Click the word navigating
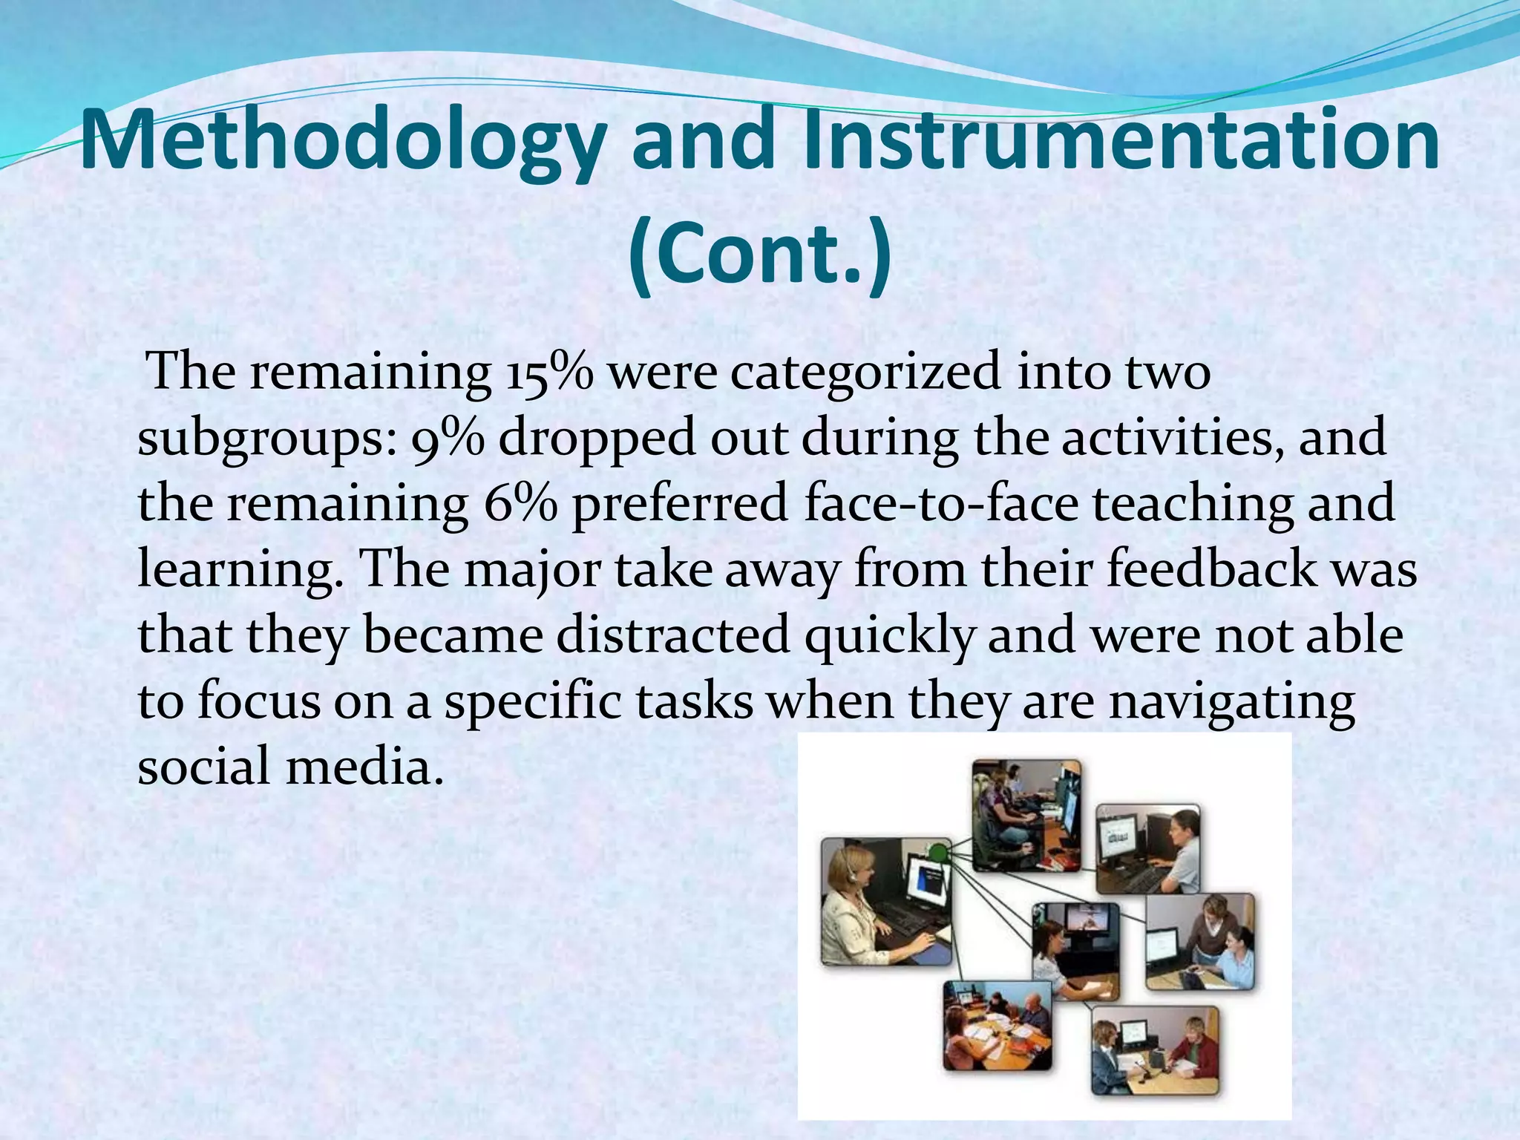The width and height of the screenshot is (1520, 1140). (1231, 701)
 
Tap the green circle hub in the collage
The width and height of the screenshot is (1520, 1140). (939, 852)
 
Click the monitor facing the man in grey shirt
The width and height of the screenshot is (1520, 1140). (1120, 842)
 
